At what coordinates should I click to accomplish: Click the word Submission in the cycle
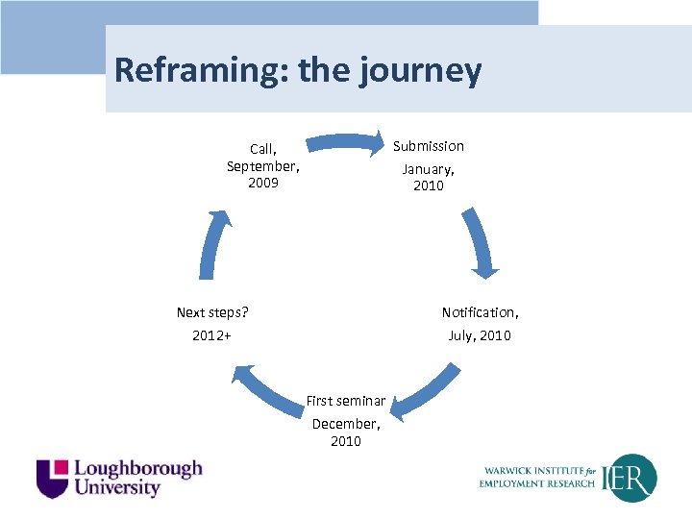click(x=428, y=146)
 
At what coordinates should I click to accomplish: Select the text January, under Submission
click(x=428, y=169)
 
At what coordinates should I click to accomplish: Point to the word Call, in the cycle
click(x=263, y=149)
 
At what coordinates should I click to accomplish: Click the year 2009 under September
click(x=263, y=183)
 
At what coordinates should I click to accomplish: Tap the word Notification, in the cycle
click(x=480, y=312)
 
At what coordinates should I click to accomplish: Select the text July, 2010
click(x=480, y=335)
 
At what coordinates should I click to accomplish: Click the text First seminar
click(x=346, y=401)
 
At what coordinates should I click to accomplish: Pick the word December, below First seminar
click(x=346, y=424)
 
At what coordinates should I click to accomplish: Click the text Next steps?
click(x=212, y=312)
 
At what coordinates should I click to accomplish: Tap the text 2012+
click(x=211, y=335)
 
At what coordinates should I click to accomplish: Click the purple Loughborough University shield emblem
click(x=52, y=478)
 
